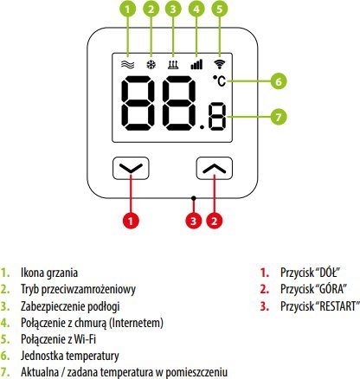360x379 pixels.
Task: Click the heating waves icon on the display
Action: pyautogui.click(x=127, y=65)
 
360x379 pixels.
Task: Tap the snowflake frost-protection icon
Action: pyautogui.click(x=151, y=65)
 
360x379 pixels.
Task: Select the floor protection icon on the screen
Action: pyautogui.click(x=173, y=65)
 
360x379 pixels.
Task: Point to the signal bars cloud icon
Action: pyautogui.click(x=196, y=65)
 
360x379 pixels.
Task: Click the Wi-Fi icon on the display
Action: pyautogui.click(x=220, y=64)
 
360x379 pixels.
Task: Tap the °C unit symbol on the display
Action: pyautogui.click(x=220, y=80)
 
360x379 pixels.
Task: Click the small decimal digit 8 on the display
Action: pyautogui.click(x=218, y=116)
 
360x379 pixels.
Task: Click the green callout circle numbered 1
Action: pyautogui.click(x=127, y=10)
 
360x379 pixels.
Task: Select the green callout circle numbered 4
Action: pyautogui.click(x=196, y=10)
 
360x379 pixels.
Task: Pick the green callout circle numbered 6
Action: pyautogui.click(x=279, y=81)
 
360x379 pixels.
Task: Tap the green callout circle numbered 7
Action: pyautogui.click(x=279, y=117)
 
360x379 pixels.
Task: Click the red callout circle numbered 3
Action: pyautogui.click(x=193, y=221)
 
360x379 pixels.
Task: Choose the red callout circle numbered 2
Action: pyautogui.click(x=214, y=221)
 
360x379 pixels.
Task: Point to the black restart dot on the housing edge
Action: pyautogui.click(x=194, y=198)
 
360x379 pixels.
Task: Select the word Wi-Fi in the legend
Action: pyautogui.click(x=85, y=339)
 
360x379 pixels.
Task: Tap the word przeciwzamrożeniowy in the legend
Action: pyautogui.click(x=88, y=289)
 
